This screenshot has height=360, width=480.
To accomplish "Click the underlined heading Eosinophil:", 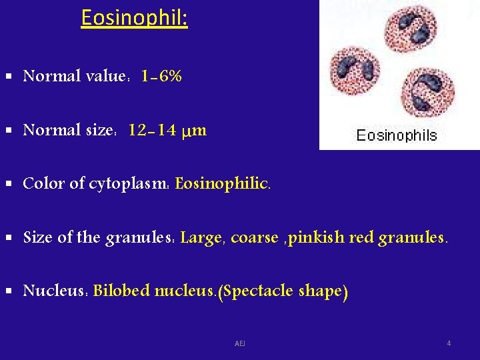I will (134, 18).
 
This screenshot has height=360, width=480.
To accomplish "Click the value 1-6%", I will (162, 77).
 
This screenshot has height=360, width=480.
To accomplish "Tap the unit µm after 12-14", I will (194, 131).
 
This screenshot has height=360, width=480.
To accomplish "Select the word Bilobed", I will (122, 291).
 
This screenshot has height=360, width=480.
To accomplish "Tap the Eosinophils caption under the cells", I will (397, 136).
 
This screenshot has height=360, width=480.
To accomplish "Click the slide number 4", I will (449, 343).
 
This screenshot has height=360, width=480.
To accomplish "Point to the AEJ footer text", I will (240, 343).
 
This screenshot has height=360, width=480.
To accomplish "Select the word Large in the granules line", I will (200, 237).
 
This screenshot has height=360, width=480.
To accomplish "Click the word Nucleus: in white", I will (55, 291).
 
